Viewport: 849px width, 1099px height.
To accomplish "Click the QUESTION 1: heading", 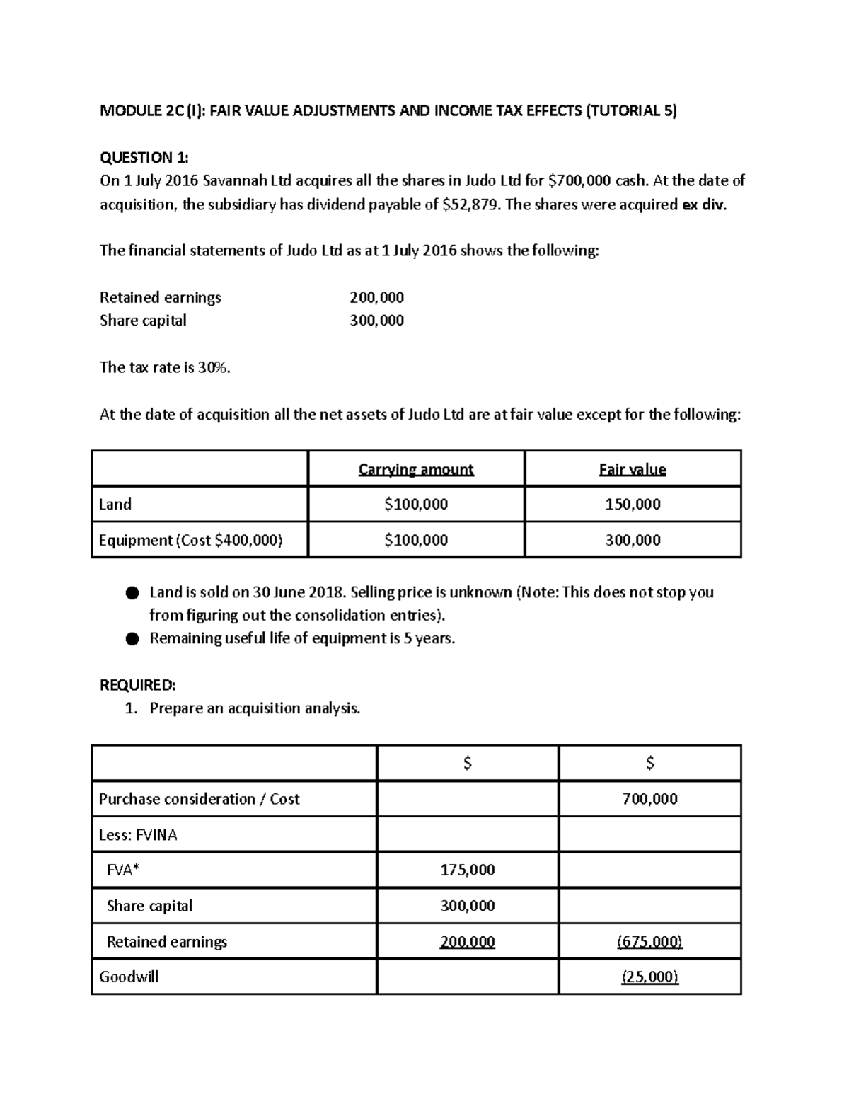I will [144, 157].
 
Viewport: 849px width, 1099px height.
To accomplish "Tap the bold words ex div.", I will [703, 205].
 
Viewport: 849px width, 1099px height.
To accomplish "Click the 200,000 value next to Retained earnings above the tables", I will [376, 297].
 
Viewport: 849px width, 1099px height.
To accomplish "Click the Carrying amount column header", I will [416, 469].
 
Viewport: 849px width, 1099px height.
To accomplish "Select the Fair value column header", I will [633, 469].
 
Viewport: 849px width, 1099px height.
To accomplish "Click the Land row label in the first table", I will [115, 505].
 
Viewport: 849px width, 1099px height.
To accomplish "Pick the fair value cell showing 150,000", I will [633, 505].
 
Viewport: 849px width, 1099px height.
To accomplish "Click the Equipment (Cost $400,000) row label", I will [190, 540].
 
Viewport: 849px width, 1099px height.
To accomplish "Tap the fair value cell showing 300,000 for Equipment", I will [633, 540].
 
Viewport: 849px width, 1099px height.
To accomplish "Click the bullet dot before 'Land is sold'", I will [132, 593].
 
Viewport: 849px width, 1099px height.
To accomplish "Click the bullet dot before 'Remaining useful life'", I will [132, 639].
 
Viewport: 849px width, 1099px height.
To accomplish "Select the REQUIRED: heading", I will [137, 685].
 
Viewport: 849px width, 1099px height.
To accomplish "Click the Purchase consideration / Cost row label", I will [199, 799].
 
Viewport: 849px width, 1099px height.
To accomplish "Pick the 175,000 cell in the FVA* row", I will [467, 870].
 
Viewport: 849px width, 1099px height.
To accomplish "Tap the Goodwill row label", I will [129, 977].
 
